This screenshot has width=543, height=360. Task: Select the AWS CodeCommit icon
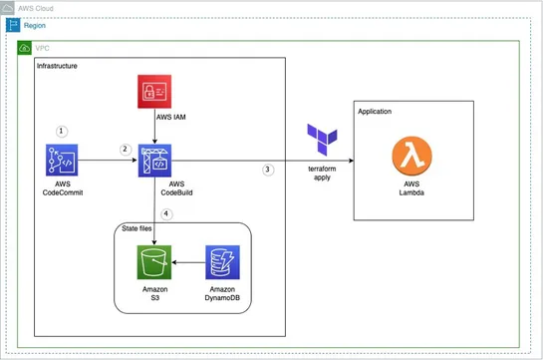pos(62,160)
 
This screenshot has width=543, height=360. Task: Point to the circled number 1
pos(62,131)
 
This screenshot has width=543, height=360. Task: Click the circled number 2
pos(125,149)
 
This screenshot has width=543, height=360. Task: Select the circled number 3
pos(267,170)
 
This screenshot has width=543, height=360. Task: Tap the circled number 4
pos(167,211)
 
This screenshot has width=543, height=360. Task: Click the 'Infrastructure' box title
pos(57,66)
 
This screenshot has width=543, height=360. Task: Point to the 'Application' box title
pos(376,111)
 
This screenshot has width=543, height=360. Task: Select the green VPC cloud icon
pos(25,47)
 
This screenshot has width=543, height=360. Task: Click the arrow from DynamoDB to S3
pos(189,263)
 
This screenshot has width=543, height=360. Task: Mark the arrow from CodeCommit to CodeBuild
pos(108,160)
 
